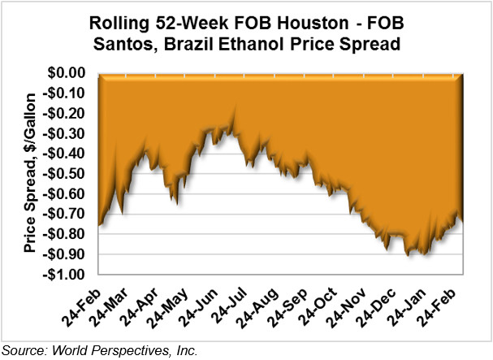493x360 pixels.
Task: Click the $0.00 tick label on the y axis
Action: [x=71, y=74]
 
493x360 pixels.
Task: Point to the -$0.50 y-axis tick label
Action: [x=69, y=174]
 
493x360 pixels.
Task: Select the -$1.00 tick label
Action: [x=69, y=274]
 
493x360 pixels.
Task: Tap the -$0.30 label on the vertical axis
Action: [x=69, y=134]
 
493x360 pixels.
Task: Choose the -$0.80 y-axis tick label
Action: [x=69, y=234]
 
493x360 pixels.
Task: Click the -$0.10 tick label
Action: [x=69, y=94]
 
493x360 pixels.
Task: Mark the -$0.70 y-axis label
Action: [x=69, y=214]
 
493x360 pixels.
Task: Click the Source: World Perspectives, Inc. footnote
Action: [x=100, y=351]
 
